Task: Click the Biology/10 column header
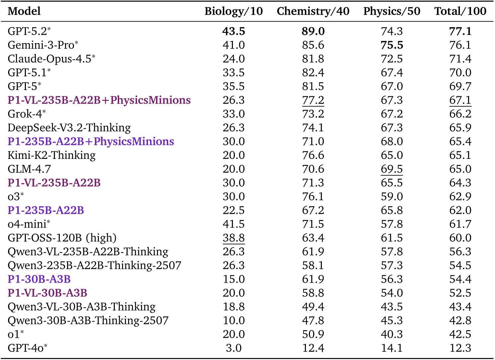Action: pos(234,11)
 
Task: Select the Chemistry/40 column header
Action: pos(313,11)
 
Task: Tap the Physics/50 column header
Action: pos(391,11)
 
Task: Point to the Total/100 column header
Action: pos(460,11)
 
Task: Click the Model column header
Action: pos(24,11)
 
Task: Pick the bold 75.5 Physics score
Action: pos(392,45)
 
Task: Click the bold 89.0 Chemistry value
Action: pos(313,31)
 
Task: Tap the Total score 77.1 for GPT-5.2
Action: pos(460,31)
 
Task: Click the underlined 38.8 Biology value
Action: pos(234,238)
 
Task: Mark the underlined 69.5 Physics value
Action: pos(392,169)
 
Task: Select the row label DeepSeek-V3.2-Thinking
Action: pos(69,128)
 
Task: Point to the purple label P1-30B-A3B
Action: pos(39,279)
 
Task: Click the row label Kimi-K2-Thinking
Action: pos(51,155)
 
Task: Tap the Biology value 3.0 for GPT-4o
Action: pos(234,348)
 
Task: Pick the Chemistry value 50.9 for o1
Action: pos(313,334)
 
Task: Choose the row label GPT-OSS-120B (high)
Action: pos(62,238)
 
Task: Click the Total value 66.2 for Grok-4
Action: pos(460,114)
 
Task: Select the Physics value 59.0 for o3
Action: pos(392,196)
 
